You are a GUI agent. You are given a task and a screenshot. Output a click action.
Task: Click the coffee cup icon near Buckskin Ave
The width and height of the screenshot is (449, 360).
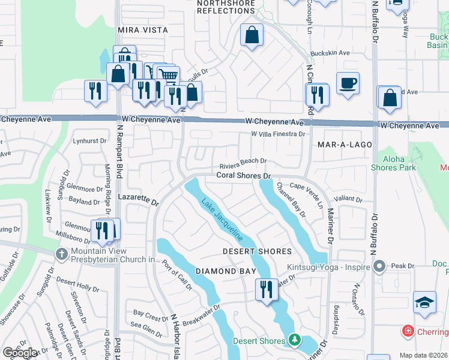point(348,83)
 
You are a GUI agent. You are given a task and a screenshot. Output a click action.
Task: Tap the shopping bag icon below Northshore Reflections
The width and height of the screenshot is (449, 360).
point(252,35)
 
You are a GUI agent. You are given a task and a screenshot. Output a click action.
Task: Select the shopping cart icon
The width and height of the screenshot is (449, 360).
point(168,76)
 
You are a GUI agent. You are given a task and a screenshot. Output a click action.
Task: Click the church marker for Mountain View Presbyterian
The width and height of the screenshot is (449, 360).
point(61,254)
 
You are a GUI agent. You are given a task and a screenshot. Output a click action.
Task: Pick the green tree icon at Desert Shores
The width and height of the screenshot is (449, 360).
point(294,340)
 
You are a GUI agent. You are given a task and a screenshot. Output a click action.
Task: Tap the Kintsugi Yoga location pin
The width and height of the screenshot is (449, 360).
point(379,265)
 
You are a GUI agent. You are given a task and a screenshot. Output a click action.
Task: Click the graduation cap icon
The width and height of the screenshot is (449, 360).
point(424,302)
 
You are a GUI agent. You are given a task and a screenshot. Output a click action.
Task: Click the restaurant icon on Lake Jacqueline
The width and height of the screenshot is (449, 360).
point(264,289)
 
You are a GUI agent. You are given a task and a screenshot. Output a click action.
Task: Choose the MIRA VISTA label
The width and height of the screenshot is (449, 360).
point(143,29)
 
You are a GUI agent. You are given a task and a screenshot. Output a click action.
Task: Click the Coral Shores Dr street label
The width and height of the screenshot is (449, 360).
point(244,176)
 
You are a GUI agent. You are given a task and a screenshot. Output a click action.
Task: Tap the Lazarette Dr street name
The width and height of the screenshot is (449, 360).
point(138,200)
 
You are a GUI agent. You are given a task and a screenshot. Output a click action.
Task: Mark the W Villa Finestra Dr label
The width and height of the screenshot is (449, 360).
point(278,134)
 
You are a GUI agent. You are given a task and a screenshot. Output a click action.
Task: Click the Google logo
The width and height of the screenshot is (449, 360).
point(20,353)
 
